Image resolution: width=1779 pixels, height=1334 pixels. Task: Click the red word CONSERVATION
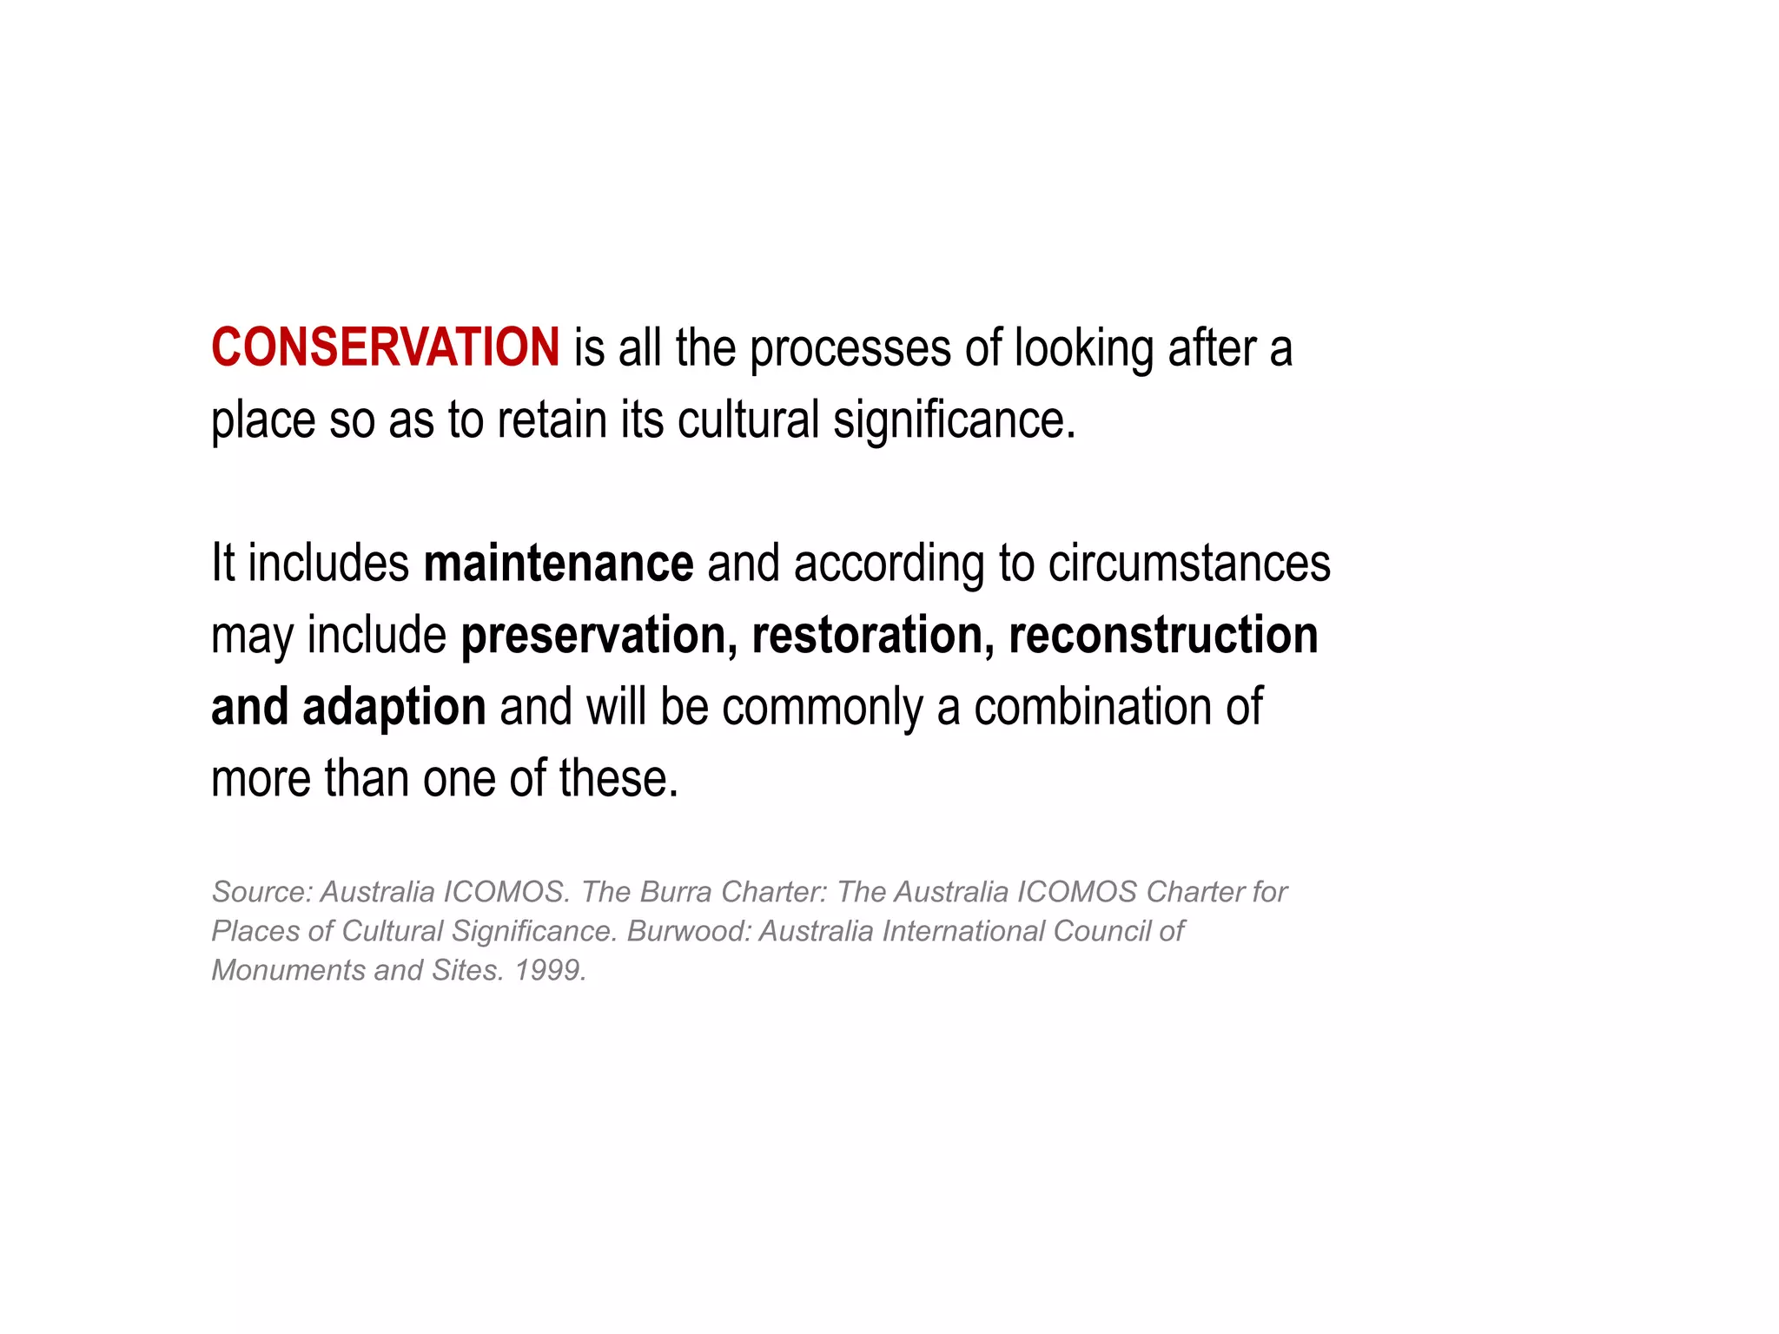386,347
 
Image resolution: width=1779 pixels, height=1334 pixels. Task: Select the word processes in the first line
851,349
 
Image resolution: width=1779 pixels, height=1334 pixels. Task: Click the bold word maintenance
559,564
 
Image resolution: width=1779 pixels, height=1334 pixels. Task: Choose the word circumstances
1189,564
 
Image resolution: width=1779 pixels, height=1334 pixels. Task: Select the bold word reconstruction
1163,636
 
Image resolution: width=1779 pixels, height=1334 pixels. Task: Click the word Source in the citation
261,892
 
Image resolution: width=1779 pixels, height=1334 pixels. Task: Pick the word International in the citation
963,931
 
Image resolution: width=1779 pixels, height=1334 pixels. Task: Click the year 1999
550,970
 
